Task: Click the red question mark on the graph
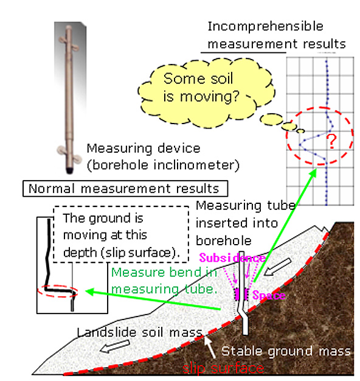[x=331, y=141]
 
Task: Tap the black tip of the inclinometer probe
[x=70, y=170]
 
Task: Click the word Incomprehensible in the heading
[x=265, y=27]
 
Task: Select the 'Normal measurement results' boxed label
[x=125, y=189]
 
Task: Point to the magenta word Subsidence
[x=232, y=258]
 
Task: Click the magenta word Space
[x=269, y=296]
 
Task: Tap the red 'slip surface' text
[x=223, y=368]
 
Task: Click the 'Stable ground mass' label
[x=286, y=351]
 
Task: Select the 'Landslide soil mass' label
[x=140, y=332]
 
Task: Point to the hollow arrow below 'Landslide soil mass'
[x=115, y=346]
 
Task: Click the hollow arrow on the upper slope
[x=277, y=267]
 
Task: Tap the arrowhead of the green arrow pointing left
[x=89, y=292]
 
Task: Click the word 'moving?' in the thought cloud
[x=210, y=97]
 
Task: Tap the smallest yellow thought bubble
[x=301, y=131]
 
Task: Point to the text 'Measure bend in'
[x=164, y=273]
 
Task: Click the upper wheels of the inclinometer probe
[x=69, y=43]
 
